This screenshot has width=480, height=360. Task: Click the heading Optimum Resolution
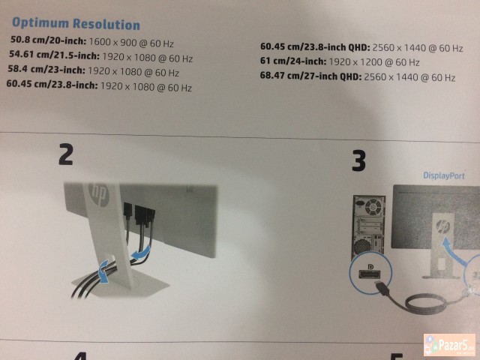click(x=76, y=25)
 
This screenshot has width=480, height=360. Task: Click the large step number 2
click(x=65, y=154)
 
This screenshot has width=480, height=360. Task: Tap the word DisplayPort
click(x=444, y=175)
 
